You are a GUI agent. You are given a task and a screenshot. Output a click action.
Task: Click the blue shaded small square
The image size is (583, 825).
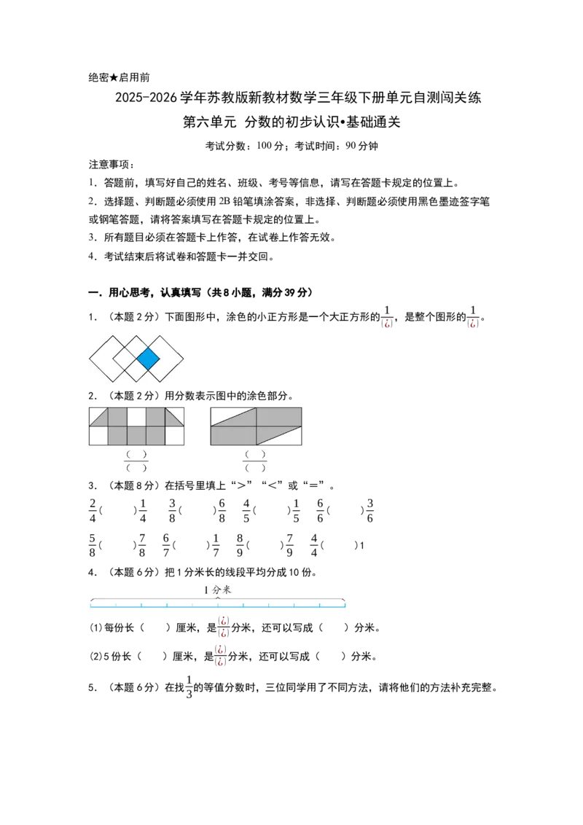point(149,359)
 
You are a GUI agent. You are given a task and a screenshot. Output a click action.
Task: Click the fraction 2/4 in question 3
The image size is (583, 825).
point(93,511)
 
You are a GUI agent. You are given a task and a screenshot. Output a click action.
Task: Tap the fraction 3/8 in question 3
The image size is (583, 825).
point(172,511)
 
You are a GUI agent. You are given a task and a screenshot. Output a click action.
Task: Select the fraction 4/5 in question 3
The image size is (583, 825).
point(246,511)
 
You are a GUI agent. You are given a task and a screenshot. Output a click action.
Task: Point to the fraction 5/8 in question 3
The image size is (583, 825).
point(93,546)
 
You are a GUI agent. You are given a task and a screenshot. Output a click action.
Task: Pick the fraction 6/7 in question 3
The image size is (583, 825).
point(166,546)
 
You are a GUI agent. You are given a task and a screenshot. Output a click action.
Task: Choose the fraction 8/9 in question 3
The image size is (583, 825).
point(240,546)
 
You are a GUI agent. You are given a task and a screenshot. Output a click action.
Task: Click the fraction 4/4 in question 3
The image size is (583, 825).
point(314,546)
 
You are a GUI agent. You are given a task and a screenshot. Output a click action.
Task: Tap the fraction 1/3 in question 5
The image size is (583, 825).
point(189,687)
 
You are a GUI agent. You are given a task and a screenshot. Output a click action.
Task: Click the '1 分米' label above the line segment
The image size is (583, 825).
point(218,590)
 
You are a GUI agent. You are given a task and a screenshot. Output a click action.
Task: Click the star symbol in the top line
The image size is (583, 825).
point(114,78)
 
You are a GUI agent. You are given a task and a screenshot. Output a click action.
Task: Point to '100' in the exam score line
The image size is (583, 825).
point(264,146)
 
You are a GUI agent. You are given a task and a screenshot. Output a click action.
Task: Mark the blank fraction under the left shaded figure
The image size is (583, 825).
point(136,461)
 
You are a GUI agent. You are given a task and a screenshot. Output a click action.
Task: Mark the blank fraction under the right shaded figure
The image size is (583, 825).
point(255,461)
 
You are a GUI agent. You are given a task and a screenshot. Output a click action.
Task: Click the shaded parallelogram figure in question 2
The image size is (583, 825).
point(257,426)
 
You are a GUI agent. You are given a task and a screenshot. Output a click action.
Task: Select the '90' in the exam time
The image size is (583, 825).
point(351,146)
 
